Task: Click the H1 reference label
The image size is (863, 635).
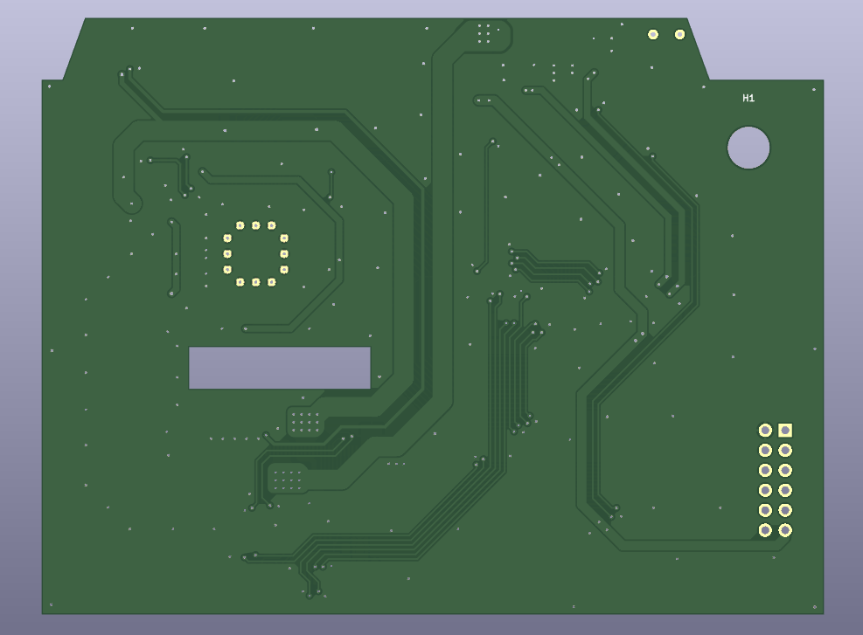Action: pyautogui.click(x=748, y=99)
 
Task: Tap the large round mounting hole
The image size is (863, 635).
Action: pyautogui.click(x=748, y=148)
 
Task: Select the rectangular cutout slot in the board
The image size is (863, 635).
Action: pyautogui.click(x=280, y=368)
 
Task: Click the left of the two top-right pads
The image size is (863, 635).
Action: pyautogui.click(x=653, y=35)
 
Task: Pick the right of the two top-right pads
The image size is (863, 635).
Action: pyautogui.click(x=679, y=35)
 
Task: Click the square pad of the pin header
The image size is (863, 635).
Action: pyautogui.click(x=785, y=430)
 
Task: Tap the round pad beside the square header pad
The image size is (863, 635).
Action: pyautogui.click(x=765, y=430)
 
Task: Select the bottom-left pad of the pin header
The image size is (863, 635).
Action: pyautogui.click(x=765, y=530)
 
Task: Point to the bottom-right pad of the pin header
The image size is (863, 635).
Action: pyautogui.click(x=785, y=530)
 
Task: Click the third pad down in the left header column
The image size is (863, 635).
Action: pyautogui.click(x=765, y=470)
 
